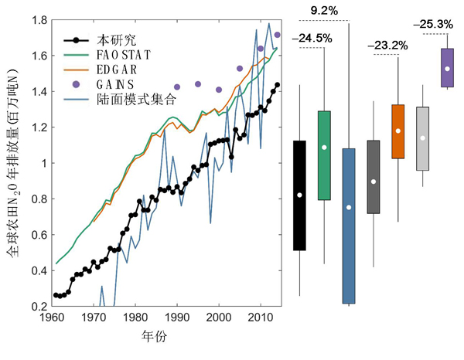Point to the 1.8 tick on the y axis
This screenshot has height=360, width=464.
[x=38, y=20]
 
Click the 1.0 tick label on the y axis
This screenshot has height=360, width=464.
[x=38, y=163]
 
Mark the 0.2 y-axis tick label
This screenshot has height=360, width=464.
[x=38, y=306]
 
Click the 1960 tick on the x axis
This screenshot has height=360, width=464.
[x=52, y=318]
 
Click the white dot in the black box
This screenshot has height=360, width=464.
[x=299, y=195]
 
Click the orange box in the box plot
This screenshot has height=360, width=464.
[x=398, y=131]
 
